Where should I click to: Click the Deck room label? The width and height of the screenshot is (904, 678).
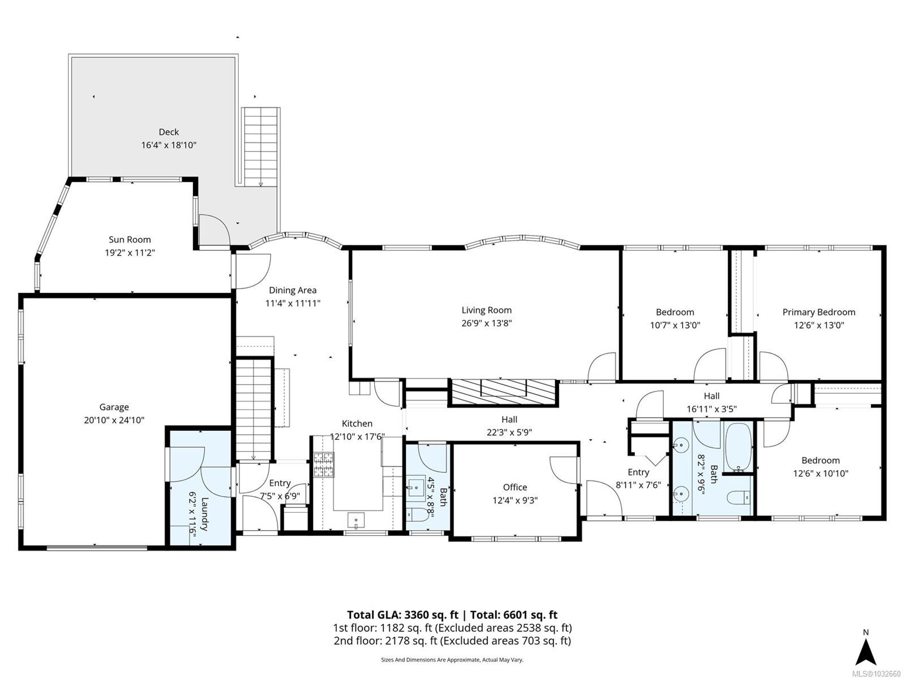pyautogui.click(x=169, y=132)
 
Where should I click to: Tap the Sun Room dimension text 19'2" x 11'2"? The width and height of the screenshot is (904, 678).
pyautogui.click(x=130, y=253)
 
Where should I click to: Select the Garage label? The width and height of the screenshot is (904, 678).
pyautogui.click(x=114, y=407)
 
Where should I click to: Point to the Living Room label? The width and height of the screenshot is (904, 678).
pyautogui.click(x=486, y=310)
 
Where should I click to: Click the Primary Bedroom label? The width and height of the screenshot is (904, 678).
pyautogui.click(x=819, y=312)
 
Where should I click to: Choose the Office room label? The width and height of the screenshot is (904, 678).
pyautogui.click(x=515, y=487)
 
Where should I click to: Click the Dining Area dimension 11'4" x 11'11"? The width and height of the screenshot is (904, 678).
pyautogui.click(x=293, y=304)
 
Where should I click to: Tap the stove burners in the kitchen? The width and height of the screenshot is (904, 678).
pyautogui.click(x=324, y=465)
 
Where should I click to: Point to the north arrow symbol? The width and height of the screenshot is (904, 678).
pyautogui.click(x=866, y=654)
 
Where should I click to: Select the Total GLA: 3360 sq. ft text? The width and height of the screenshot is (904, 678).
pyautogui.click(x=403, y=615)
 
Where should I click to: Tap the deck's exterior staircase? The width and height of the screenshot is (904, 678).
pyautogui.click(x=260, y=147)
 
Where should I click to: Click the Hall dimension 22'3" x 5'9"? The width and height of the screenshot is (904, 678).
pyautogui.click(x=509, y=433)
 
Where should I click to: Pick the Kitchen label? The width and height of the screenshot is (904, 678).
pyautogui.click(x=357, y=424)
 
